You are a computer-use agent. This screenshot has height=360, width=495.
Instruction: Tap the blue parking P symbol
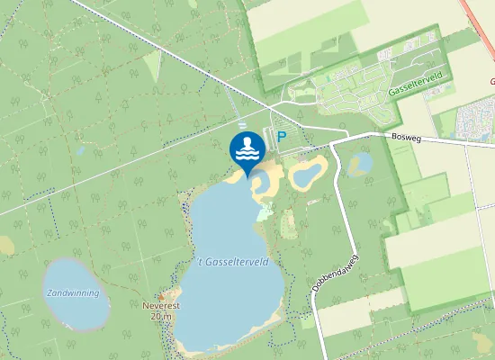(x=281, y=138)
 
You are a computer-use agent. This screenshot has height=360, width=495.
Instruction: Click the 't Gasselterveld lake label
(x=233, y=261)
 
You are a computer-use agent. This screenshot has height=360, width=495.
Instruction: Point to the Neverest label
(x=161, y=306)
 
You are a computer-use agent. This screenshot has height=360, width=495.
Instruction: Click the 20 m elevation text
(x=161, y=316)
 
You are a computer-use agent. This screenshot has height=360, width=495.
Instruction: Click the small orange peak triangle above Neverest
(x=162, y=296)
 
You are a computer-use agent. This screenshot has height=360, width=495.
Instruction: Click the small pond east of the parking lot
(x=307, y=172)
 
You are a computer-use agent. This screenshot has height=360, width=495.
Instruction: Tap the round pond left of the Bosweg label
(x=361, y=163)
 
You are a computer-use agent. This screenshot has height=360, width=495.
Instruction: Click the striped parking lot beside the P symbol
(x=271, y=134)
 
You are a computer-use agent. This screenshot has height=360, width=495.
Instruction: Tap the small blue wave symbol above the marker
(x=242, y=124)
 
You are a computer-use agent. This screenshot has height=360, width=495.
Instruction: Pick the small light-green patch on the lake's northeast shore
(x=264, y=213)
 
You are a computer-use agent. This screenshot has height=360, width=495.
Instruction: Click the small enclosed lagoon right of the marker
(x=266, y=184)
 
